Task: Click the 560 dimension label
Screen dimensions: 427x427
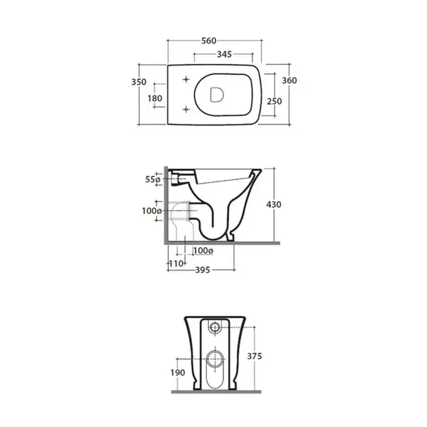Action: [209, 41]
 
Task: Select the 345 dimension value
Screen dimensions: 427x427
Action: [224, 55]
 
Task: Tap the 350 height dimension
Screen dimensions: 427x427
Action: [139, 82]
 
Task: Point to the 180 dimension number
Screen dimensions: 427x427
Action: [155, 98]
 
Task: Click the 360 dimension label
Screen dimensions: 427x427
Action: [289, 80]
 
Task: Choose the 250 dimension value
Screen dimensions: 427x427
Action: [274, 101]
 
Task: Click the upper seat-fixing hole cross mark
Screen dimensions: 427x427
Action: [186, 79]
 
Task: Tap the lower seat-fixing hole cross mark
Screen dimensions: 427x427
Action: [186, 110]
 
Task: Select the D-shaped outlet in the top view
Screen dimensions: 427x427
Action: [217, 95]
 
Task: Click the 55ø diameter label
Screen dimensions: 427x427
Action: [152, 179]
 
